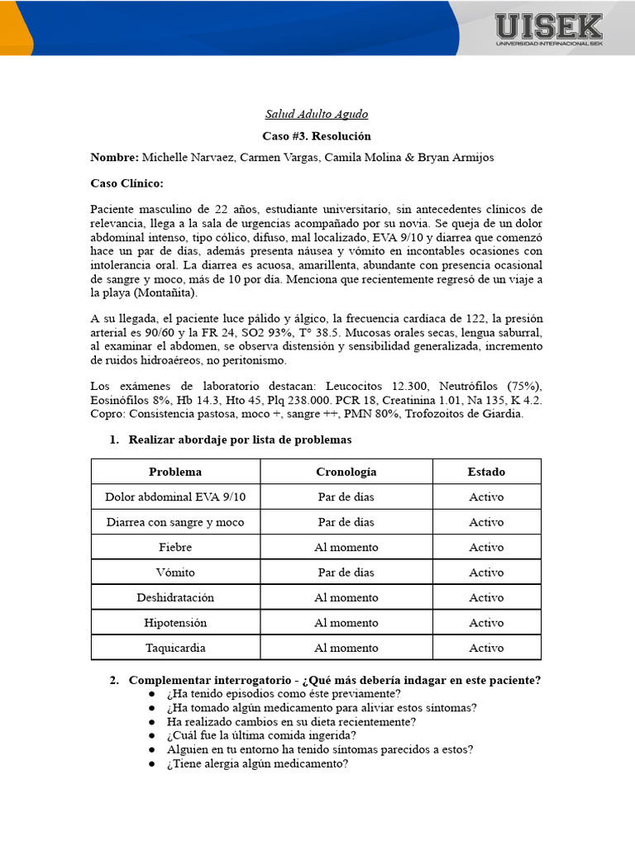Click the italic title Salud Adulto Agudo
point(317,114)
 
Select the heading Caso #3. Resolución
point(317,135)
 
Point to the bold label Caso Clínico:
point(127,183)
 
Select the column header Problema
point(175,472)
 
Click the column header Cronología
point(346,472)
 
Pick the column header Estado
point(486,472)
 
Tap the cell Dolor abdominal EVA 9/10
point(175,497)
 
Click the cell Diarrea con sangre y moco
point(175,522)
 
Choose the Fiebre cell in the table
point(175,547)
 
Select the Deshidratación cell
point(175,597)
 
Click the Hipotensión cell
point(175,623)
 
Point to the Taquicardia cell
point(175,648)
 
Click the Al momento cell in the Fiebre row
point(346,547)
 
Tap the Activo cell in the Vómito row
point(486,573)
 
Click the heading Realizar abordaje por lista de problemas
point(240,440)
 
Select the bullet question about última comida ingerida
point(261,734)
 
